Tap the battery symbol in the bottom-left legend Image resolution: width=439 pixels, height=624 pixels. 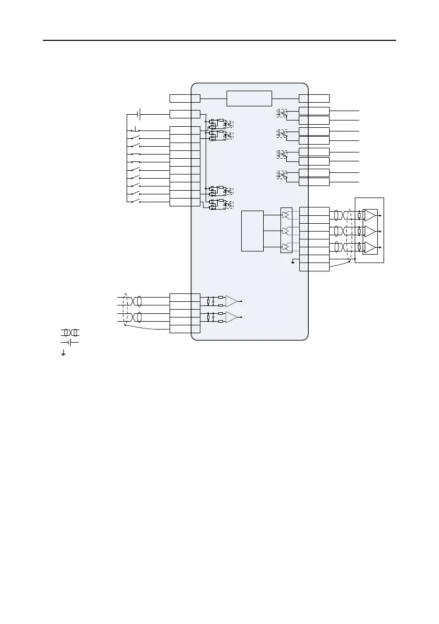[x=70, y=342]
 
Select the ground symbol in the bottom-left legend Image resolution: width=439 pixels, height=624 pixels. [x=63, y=354]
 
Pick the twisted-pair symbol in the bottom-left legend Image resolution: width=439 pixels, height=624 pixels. [x=70, y=333]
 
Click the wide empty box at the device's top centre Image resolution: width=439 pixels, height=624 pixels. [x=249, y=98]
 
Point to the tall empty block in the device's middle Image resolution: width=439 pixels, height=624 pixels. [x=252, y=231]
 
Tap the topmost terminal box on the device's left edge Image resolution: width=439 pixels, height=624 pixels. [x=185, y=98]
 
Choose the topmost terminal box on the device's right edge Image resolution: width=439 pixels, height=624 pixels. [x=314, y=98]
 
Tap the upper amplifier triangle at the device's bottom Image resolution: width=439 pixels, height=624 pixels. [x=231, y=301]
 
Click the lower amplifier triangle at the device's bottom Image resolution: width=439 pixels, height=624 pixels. [x=231, y=318]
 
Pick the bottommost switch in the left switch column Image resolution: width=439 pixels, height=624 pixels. [x=135, y=202]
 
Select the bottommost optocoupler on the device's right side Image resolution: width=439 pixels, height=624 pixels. [x=282, y=175]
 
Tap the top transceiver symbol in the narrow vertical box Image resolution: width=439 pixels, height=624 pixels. [x=286, y=214]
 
